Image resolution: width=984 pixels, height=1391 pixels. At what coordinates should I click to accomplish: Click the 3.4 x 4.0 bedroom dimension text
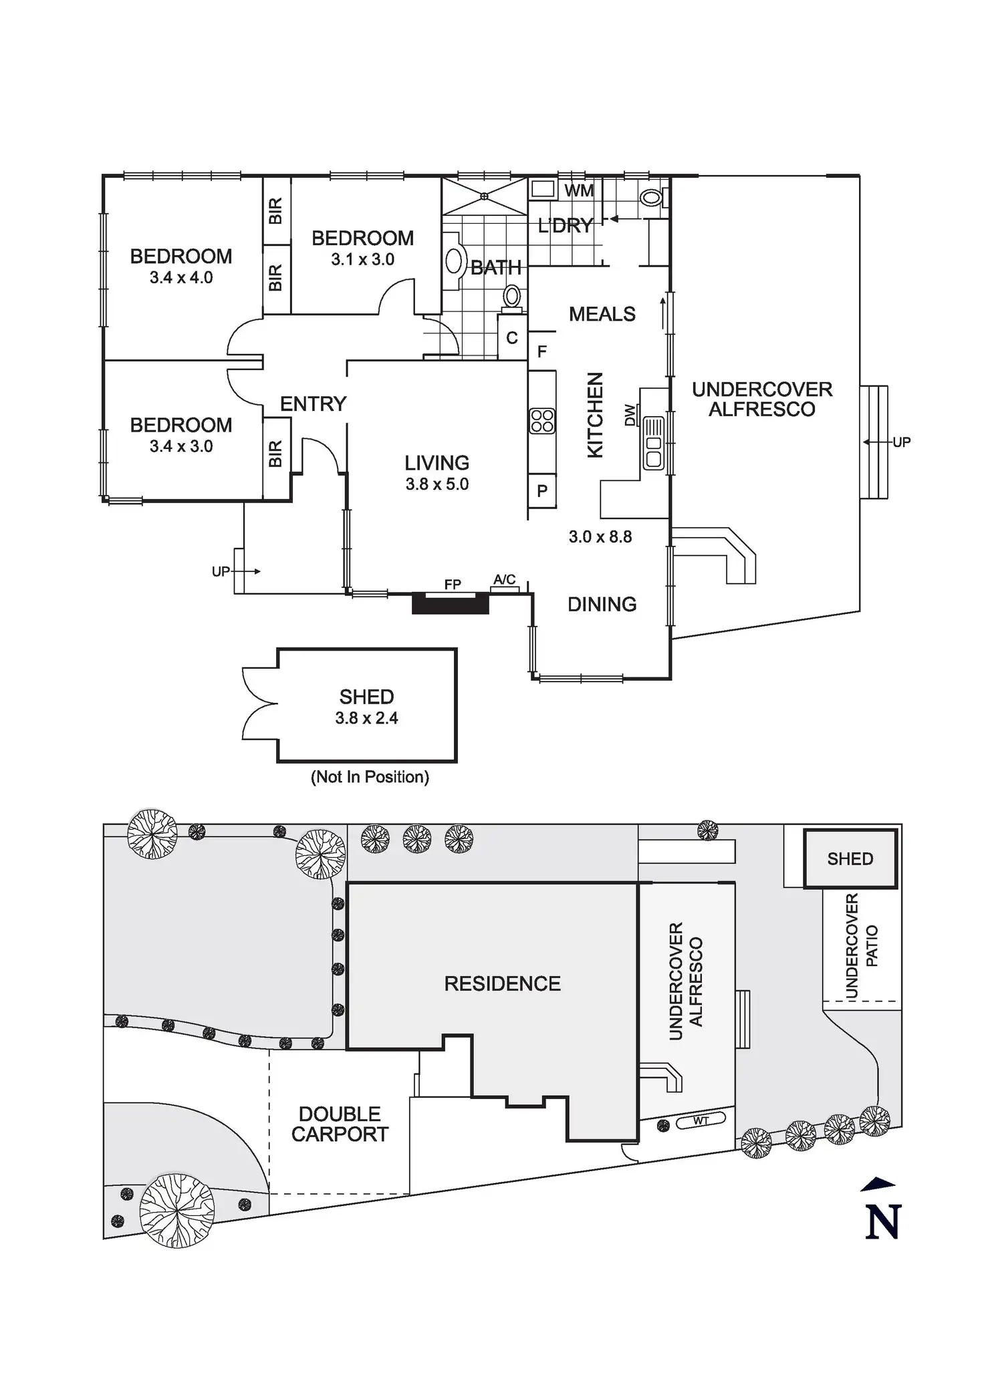(x=181, y=278)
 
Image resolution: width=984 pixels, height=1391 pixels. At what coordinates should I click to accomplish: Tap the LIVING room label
(x=437, y=463)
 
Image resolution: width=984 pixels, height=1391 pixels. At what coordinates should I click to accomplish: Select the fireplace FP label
(x=453, y=585)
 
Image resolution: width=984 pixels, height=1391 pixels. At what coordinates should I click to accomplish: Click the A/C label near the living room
(x=505, y=579)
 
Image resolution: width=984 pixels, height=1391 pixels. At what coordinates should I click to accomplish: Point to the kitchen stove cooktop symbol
(x=542, y=421)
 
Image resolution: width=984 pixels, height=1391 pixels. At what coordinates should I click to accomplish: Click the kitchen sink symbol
(x=653, y=442)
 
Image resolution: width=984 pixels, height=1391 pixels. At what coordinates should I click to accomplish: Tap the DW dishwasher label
(x=630, y=416)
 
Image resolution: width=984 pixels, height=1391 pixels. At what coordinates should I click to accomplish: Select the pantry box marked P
(x=542, y=491)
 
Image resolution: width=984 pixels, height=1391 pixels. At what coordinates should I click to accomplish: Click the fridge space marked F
(x=542, y=351)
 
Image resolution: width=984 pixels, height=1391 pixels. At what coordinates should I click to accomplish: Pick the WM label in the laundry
(x=578, y=191)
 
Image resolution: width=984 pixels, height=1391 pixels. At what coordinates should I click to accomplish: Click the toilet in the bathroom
(x=513, y=297)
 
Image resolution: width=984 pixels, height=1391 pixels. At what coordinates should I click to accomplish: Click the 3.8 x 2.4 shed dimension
(x=366, y=718)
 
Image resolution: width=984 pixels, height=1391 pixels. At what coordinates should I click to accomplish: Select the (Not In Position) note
(x=370, y=777)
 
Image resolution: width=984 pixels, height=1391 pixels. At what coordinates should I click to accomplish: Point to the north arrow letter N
(x=883, y=1222)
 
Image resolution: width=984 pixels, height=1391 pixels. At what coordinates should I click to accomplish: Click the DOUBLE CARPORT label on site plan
(x=340, y=1124)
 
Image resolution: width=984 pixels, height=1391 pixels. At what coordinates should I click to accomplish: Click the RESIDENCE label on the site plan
(x=502, y=983)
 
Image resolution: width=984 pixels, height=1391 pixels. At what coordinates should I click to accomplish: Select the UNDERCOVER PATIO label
(x=861, y=946)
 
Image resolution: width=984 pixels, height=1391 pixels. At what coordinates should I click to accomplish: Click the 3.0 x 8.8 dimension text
(x=600, y=537)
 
